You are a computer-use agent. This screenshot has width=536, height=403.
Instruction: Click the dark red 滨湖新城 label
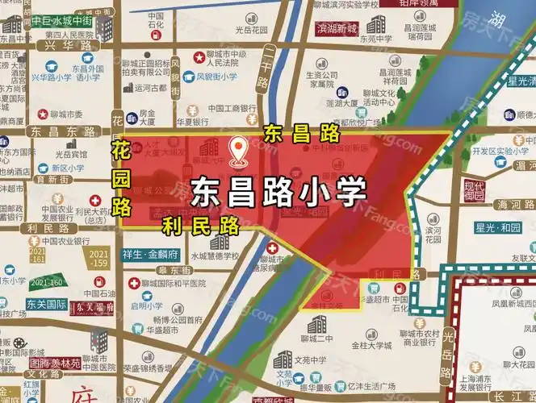point(337,29)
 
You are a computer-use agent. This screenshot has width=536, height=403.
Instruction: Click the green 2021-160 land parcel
point(46,283)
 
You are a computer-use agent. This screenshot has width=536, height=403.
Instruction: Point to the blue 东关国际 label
point(44,305)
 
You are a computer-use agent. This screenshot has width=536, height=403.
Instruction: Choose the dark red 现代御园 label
point(474,191)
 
